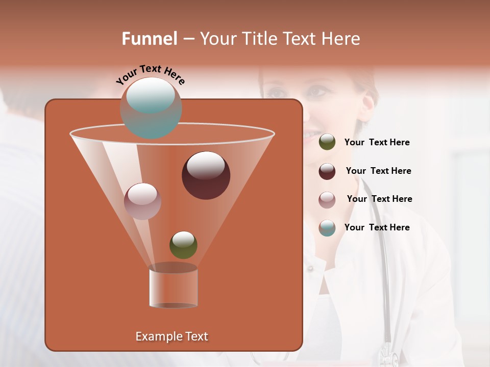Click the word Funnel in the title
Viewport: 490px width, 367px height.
(150, 39)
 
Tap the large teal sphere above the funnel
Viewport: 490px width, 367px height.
(151, 108)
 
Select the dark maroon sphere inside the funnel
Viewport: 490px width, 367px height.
(206, 175)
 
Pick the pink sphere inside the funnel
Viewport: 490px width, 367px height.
(143, 201)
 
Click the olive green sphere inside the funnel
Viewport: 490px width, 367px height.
(183, 245)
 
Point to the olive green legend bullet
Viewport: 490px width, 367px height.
(327, 142)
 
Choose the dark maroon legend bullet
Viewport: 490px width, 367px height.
(327, 171)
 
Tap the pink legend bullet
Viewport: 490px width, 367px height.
(327, 199)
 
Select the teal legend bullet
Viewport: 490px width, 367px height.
(327, 228)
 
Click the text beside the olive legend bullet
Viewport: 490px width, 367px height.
(377, 142)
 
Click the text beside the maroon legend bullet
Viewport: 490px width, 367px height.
(378, 171)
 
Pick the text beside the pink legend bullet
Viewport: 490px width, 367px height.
(379, 199)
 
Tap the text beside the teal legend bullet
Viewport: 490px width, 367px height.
(377, 227)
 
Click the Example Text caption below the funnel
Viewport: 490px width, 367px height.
(172, 336)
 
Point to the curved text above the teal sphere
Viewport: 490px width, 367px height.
(151, 74)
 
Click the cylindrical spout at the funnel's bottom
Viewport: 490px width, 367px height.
(174, 286)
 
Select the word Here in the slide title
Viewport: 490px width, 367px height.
(339, 39)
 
